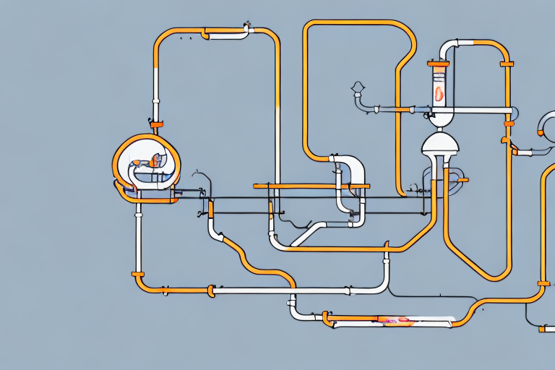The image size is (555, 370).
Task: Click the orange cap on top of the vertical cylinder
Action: coord(439,64)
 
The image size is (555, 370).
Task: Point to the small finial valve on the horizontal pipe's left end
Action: coord(357,90)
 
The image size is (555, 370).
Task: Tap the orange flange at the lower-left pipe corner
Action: coord(138,275)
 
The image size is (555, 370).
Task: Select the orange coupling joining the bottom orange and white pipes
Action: coord(211,291)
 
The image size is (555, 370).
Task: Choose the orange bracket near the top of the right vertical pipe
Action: coord(507,64)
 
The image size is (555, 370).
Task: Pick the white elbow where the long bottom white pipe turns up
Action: coord(383,285)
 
